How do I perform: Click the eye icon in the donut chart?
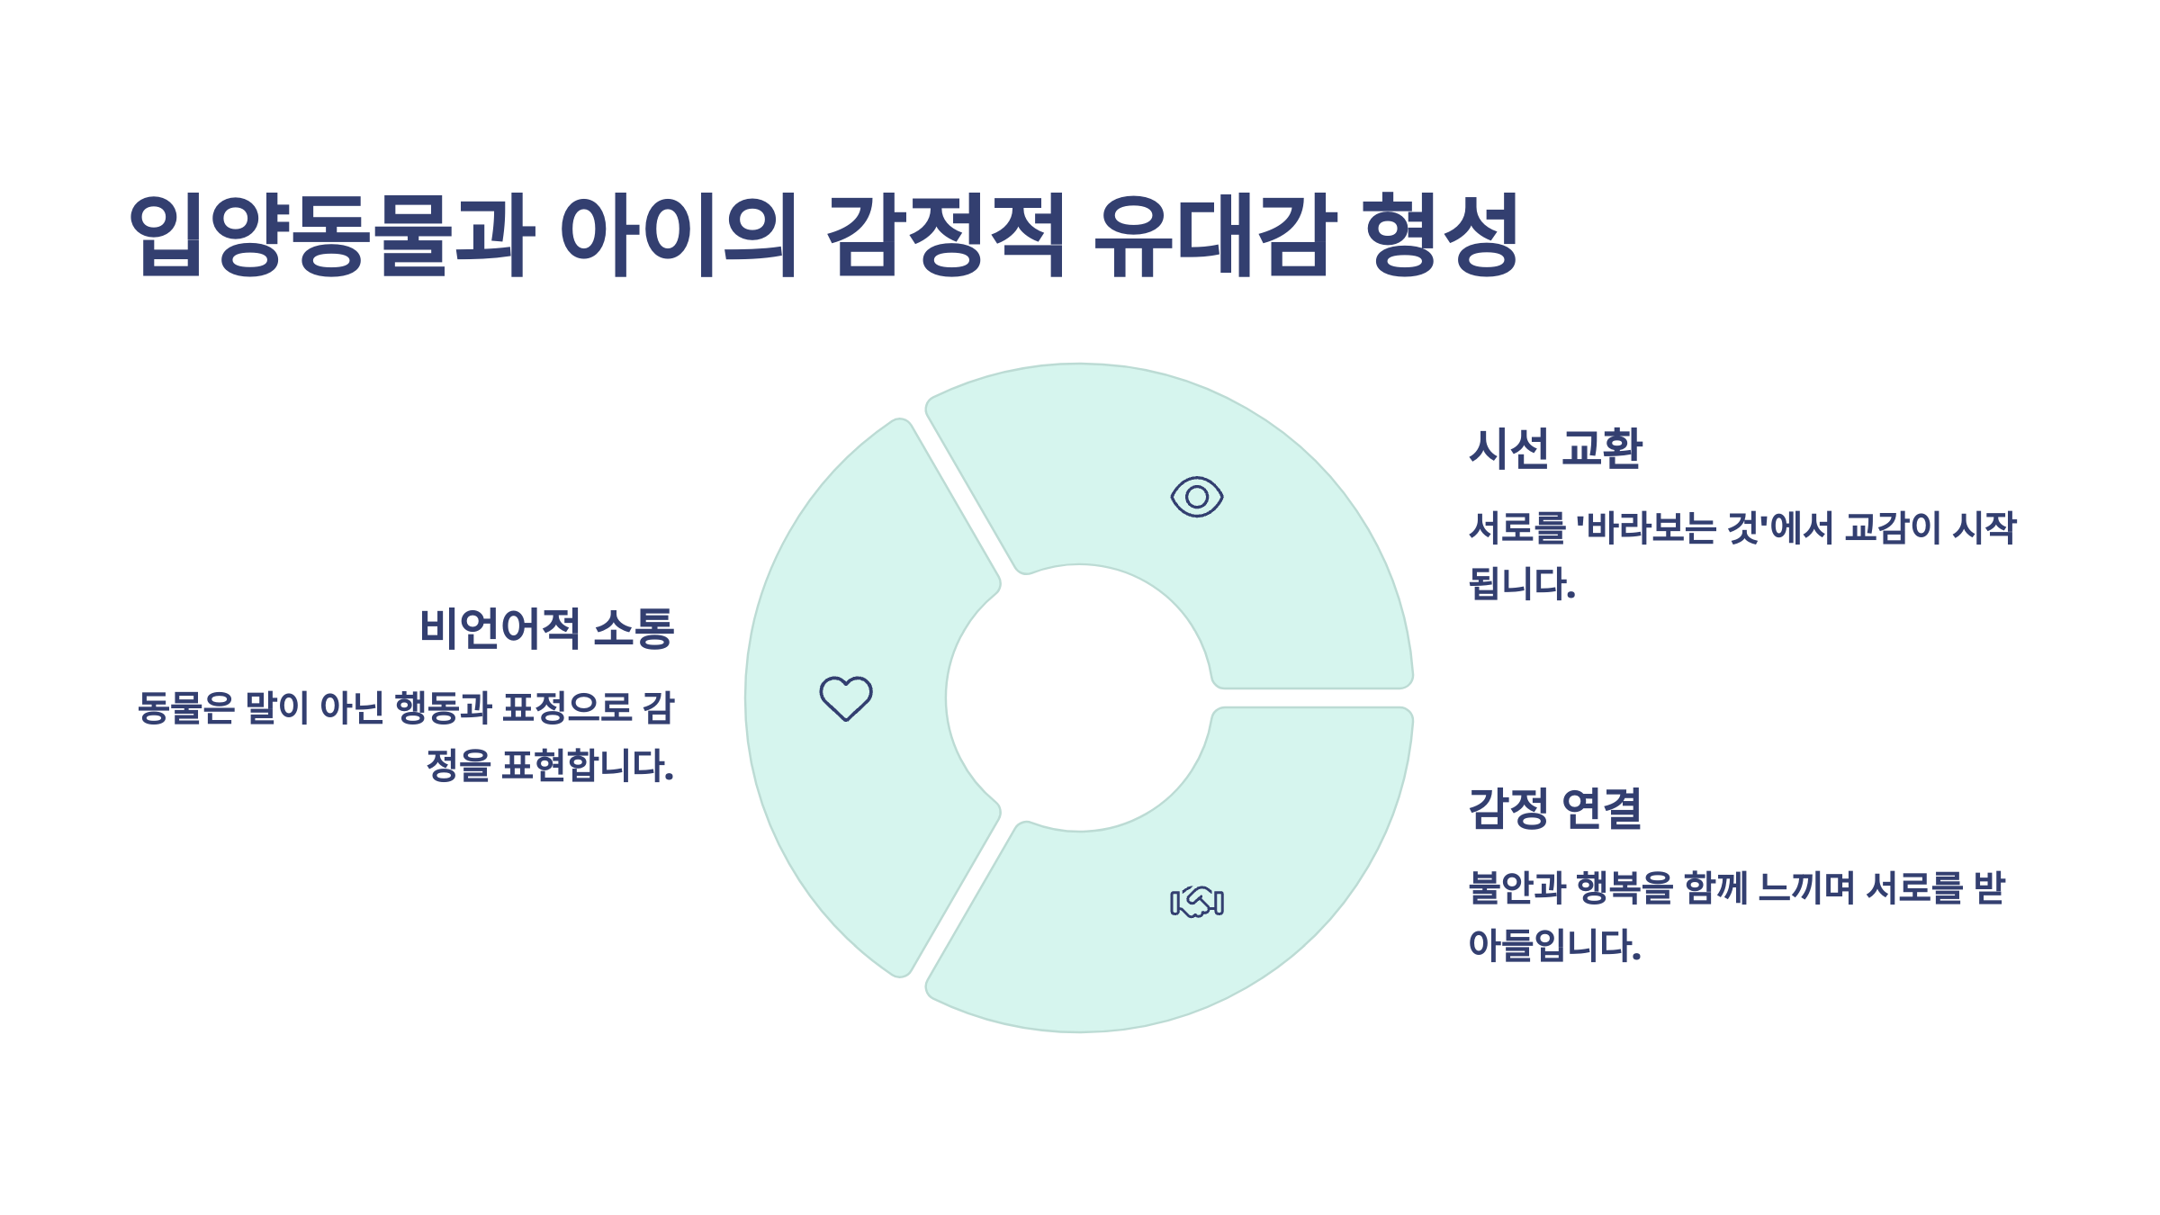1196,497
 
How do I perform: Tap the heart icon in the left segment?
846,698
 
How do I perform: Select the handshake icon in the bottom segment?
1196,901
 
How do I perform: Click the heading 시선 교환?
1555,448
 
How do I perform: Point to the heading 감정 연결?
1555,808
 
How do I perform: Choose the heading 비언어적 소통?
547,628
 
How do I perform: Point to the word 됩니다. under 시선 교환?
1522,584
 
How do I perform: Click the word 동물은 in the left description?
186,708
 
